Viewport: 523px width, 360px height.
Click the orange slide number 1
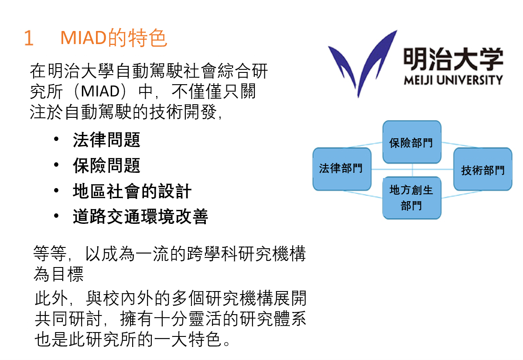(x=29, y=38)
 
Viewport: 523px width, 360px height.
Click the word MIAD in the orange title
(x=83, y=38)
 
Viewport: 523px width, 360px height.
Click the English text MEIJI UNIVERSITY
(x=453, y=80)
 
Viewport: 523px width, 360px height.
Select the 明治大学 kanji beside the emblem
(x=453, y=59)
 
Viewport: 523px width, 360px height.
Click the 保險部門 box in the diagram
(x=412, y=142)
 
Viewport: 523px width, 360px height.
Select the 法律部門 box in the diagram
(x=342, y=169)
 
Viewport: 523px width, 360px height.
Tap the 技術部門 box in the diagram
(x=482, y=169)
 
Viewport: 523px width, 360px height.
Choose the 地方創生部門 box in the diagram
(x=412, y=198)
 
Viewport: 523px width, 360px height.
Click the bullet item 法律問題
(x=106, y=140)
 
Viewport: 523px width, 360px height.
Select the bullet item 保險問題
(x=106, y=165)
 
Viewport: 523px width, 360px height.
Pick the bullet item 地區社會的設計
(x=132, y=191)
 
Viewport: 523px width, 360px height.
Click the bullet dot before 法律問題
(x=56, y=139)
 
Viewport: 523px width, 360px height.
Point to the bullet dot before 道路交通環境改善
(x=56, y=216)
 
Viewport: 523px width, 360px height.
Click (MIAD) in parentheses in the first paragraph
(x=100, y=92)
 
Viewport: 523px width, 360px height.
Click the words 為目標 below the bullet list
(x=58, y=274)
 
